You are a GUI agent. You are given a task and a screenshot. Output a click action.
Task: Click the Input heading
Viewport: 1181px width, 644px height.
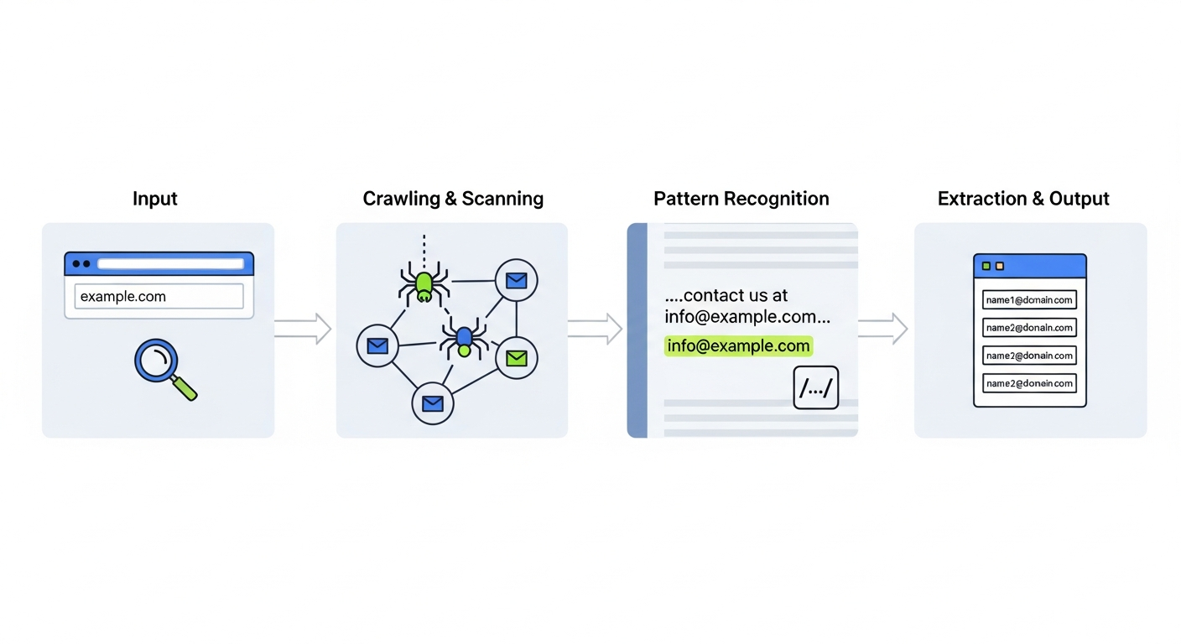click(155, 199)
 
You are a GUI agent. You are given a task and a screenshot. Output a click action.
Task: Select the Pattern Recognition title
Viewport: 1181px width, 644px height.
click(741, 199)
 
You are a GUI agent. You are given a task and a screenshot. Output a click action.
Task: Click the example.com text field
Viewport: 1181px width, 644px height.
click(159, 296)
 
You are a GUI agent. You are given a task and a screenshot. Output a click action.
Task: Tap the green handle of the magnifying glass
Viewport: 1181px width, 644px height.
click(185, 388)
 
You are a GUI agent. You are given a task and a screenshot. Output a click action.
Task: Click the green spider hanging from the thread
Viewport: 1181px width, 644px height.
click(424, 283)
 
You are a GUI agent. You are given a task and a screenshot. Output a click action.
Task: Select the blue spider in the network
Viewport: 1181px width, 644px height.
click(463, 339)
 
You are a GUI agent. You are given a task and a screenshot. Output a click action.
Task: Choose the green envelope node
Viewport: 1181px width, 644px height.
click(517, 359)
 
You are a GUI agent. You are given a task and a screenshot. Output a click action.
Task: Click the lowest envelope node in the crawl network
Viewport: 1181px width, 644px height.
click(432, 404)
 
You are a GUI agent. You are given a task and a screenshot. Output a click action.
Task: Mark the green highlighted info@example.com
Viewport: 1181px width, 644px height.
click(738, 345)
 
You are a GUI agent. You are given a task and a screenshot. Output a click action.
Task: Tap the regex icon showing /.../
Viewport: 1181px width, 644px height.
click(815, 387)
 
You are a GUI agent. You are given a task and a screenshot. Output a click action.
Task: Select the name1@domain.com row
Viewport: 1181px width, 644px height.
click(1029, 300)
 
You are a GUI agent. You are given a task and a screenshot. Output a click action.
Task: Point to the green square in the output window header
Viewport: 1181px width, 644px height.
click(986, 266)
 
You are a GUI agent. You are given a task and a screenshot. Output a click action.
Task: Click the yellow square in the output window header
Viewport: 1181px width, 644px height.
click(999, 266)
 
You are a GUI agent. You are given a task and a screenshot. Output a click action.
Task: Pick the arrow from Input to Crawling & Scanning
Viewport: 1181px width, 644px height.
click(303, 329)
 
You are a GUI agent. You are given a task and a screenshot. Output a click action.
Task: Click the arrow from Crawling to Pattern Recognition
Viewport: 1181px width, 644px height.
click(595, 329)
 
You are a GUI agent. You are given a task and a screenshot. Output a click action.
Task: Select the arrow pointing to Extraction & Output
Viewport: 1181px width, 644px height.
click(883, 329)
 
